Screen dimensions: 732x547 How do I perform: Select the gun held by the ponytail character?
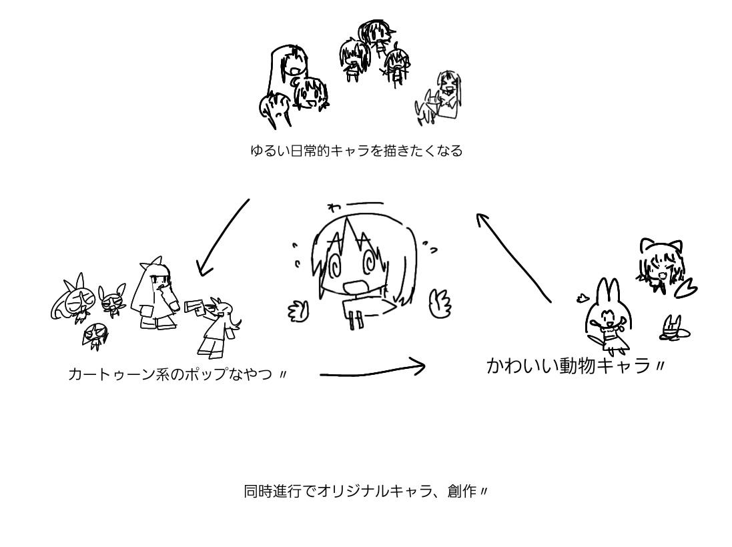coord(194,306)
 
